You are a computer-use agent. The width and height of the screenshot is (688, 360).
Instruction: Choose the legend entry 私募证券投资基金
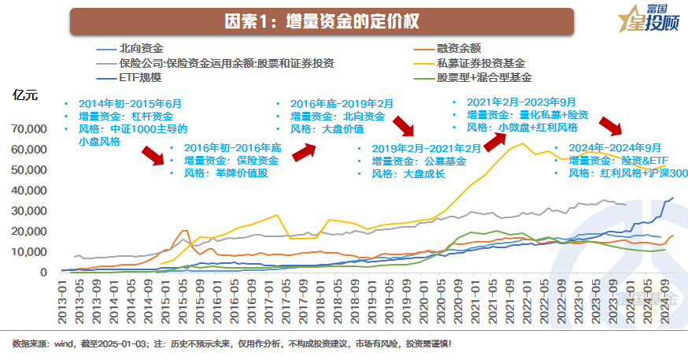click(x=480, y=63)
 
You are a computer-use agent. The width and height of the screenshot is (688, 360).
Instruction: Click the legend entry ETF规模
click(x=141, y=77)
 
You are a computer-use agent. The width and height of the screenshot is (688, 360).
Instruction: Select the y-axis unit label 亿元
click(x=24, y=96)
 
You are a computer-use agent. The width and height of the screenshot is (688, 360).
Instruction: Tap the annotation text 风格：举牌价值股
click(x=226, y=173)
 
